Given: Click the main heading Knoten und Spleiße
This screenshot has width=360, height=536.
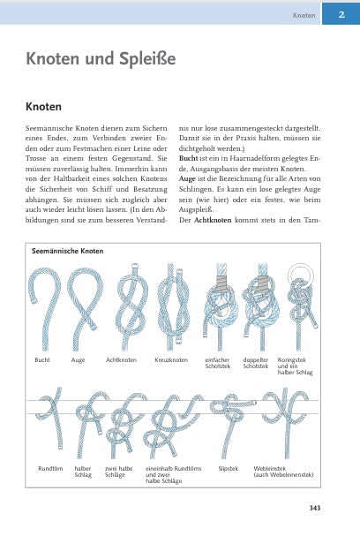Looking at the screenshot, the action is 101,59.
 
